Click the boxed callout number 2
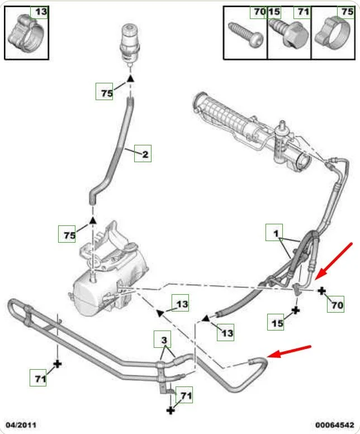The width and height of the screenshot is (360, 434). point(143,154)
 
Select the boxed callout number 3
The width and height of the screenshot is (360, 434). point(163,339)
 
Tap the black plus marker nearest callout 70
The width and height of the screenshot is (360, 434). point(323,291)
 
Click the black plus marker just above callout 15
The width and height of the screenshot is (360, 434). point(296,309)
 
